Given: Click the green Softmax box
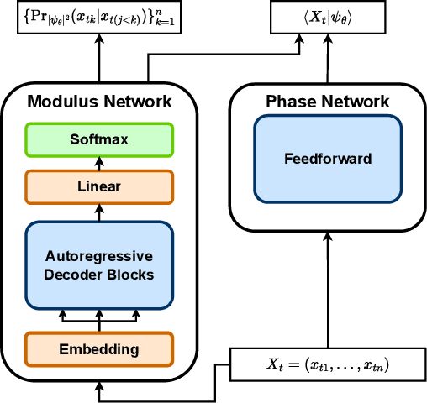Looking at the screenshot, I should click(99, 139).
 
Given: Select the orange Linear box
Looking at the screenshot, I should click(99, 186).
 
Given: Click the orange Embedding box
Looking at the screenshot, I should click(99, 348).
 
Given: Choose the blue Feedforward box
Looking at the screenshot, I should click(328, 158).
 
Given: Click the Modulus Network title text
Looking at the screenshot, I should click(99, 102).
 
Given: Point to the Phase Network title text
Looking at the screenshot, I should click(328, 102).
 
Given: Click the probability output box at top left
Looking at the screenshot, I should click(100, 18).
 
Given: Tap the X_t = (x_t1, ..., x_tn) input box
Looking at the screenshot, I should click(329, 364).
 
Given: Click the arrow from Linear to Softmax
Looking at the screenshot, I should click(99, 163).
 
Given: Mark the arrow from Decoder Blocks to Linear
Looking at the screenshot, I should click(99, 212).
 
